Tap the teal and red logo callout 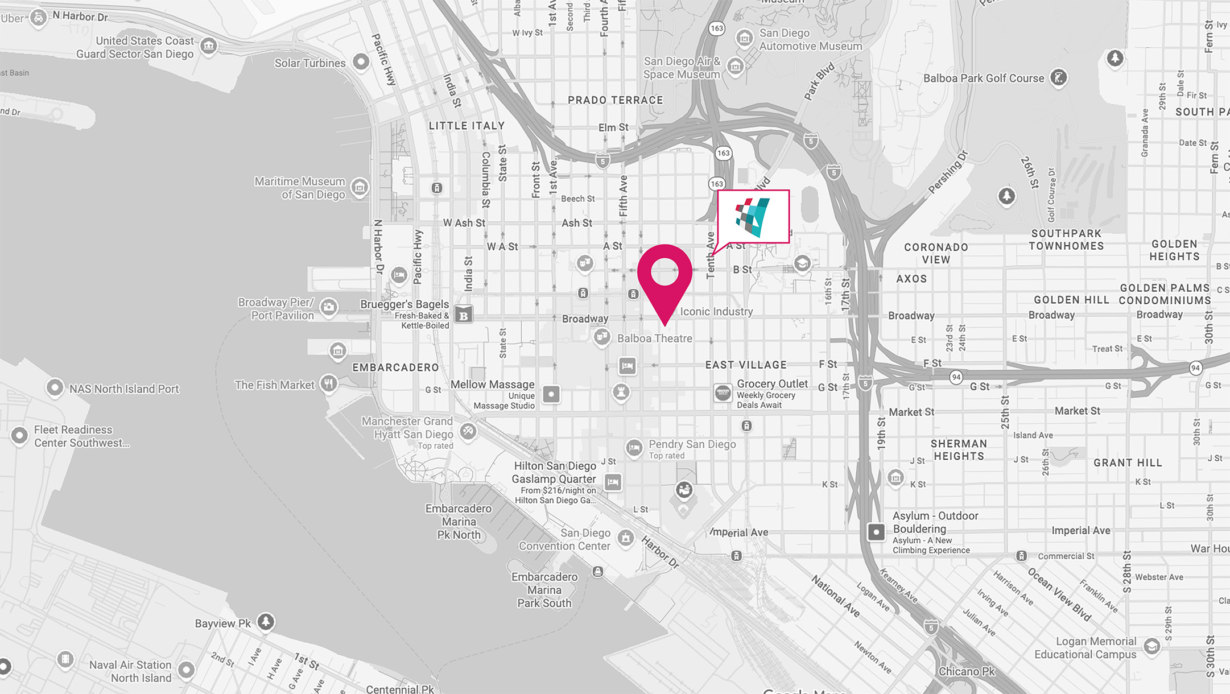click(x=753, y=217)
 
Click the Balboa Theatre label click(x=654, y=338)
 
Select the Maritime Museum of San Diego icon click(x=360, y=187)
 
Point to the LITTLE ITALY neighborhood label click(x=467, y=126)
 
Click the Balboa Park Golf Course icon click(x=1058, y=77)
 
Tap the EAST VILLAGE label click(x=746, y=365)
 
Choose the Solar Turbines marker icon click(x=361, y=61)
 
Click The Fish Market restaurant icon click(x=328, y=384)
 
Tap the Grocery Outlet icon click(x=723, y=393)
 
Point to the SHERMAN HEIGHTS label click(x=959, y=450)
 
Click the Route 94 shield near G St click(x=956, y=377)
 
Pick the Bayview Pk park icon click(x=266, y=622)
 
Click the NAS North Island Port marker click(x=55, y=388)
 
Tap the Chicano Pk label click(x=967, y=672)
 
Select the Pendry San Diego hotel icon click(x=634, y=448)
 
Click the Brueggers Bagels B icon click(x=464, y=315)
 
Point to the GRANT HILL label click(x=1128, y=463)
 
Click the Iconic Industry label click(x=716, y=312)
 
